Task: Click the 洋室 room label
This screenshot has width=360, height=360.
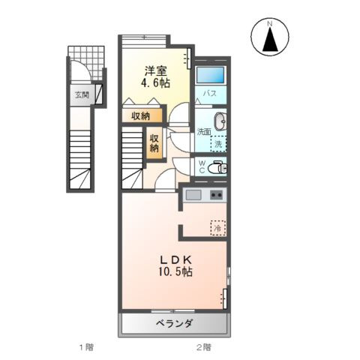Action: [155, 70]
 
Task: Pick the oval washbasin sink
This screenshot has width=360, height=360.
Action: [220, 123]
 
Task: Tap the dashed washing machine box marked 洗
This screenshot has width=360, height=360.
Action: [217, 142]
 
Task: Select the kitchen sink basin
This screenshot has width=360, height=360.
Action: [193, 196]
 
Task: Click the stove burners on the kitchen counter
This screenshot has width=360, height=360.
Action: [216, 196]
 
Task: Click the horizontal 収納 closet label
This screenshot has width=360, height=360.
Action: [140, 115]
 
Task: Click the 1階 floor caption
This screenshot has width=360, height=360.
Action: [84, 348]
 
